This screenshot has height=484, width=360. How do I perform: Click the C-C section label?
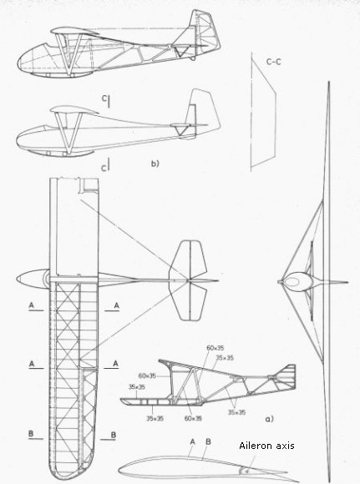pyautogui.click(x=274, y=62)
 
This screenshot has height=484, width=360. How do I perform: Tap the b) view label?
pyautogui.click(x=155, y=164)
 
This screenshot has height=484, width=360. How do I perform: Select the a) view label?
pyautogui.click(x=270, y=419)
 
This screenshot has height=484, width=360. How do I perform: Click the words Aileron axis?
pyautogui.click(x=266, y=446)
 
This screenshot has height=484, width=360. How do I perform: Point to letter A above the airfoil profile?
pyautogui.click(x=192, y=441)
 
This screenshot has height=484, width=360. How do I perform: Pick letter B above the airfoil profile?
pyautogui.click(x=208, y=441)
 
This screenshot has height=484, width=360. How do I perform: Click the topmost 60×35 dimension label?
pyautogui.click(x=215, y=348)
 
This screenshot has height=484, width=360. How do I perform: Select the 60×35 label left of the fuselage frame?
pyautogui.click(x=147, y=376)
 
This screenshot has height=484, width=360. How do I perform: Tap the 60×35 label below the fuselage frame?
pyautogui.click(x=193, y=419)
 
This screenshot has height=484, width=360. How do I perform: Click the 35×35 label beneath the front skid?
pyautogui.click(x=155, y=419)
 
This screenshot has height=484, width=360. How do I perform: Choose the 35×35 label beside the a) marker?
pyautogui.click(x=236, y=412)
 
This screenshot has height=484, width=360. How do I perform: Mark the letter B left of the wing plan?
pyautogui.click(x=31, y=434)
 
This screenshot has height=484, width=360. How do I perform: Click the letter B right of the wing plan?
pyautogui.click(x=114, y=435)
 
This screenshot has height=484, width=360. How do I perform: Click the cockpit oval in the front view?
pyautogui.click(x=293, y=281)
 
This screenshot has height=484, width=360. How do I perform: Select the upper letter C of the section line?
pyautogui.click(x=104, y=98)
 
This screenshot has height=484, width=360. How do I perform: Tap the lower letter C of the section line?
pyautogui.click(x=104, y=168)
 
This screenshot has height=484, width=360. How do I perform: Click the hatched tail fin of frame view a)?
pyautogui.click(x=287, y=375)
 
